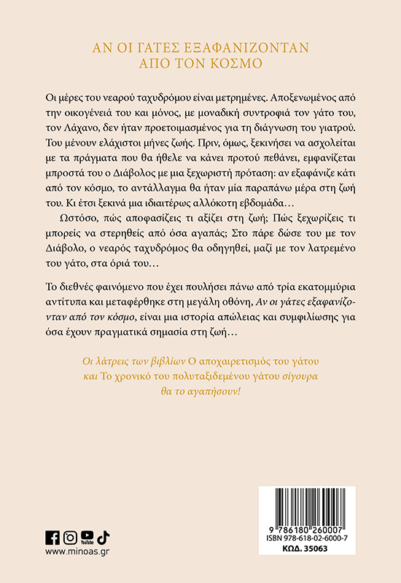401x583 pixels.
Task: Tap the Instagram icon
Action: pos(70,537)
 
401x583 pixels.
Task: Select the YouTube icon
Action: pos(87,537)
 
